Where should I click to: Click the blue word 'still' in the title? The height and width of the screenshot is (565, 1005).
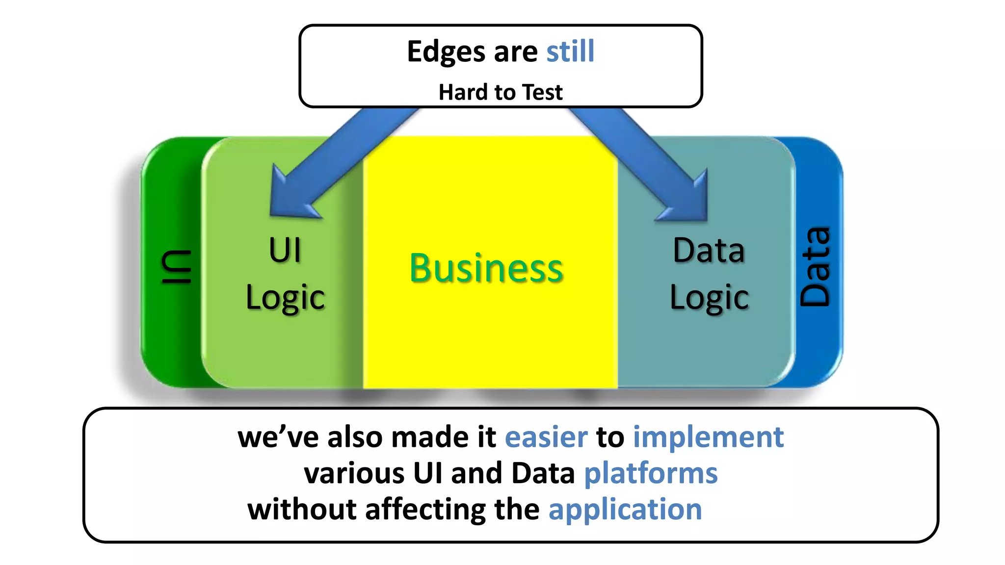(x=570, y=51)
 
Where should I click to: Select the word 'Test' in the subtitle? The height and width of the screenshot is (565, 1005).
(x=542, y=92)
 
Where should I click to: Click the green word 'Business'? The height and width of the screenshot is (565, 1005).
(x=486, y=268)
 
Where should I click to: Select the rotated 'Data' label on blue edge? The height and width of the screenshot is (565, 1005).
(x=815, y=267)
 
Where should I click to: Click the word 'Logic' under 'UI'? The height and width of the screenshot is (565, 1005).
(x=285, y=298)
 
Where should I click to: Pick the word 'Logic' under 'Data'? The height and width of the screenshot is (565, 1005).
(x=709, y=298)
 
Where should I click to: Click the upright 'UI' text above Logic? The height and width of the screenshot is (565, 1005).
(x=285, y=250)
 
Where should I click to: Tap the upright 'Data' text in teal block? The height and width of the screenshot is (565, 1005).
(x=709, y=250)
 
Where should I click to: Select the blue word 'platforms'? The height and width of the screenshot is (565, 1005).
(x=651, y=473)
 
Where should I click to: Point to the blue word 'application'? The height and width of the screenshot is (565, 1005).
(x=625, y=509)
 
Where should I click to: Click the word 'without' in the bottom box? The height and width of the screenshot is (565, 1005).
(x=302, y=509)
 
